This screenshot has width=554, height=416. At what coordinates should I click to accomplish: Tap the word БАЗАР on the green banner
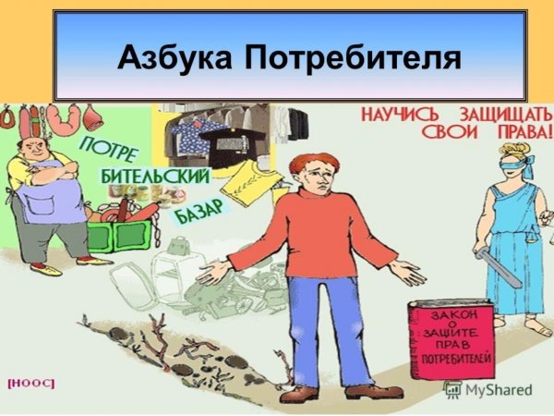point(198,205)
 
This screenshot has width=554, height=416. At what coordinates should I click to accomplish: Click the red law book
point(452,343)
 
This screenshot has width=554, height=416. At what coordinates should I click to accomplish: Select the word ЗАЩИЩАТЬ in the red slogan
point(500,117)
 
